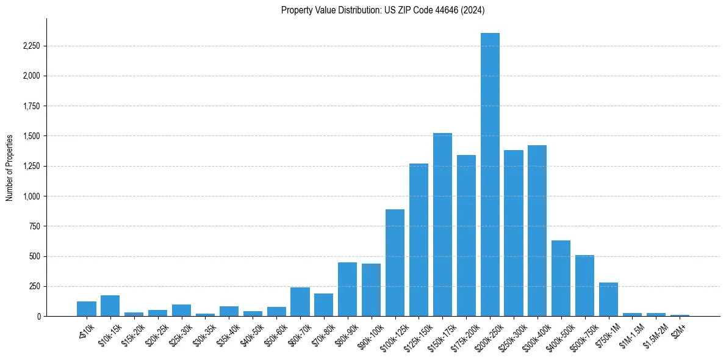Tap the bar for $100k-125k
(x=395, y=262)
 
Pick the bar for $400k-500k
(x=561, y=278)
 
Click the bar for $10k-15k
(x=110, y=306)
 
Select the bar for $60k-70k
(x=300, y=301)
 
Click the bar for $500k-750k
(x=584, y=283)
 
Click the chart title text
(x=383, y=10)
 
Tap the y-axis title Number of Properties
(x=10, y=167)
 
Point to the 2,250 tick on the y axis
(x=31, y=46)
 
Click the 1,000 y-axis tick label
(x=31, y=196)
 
